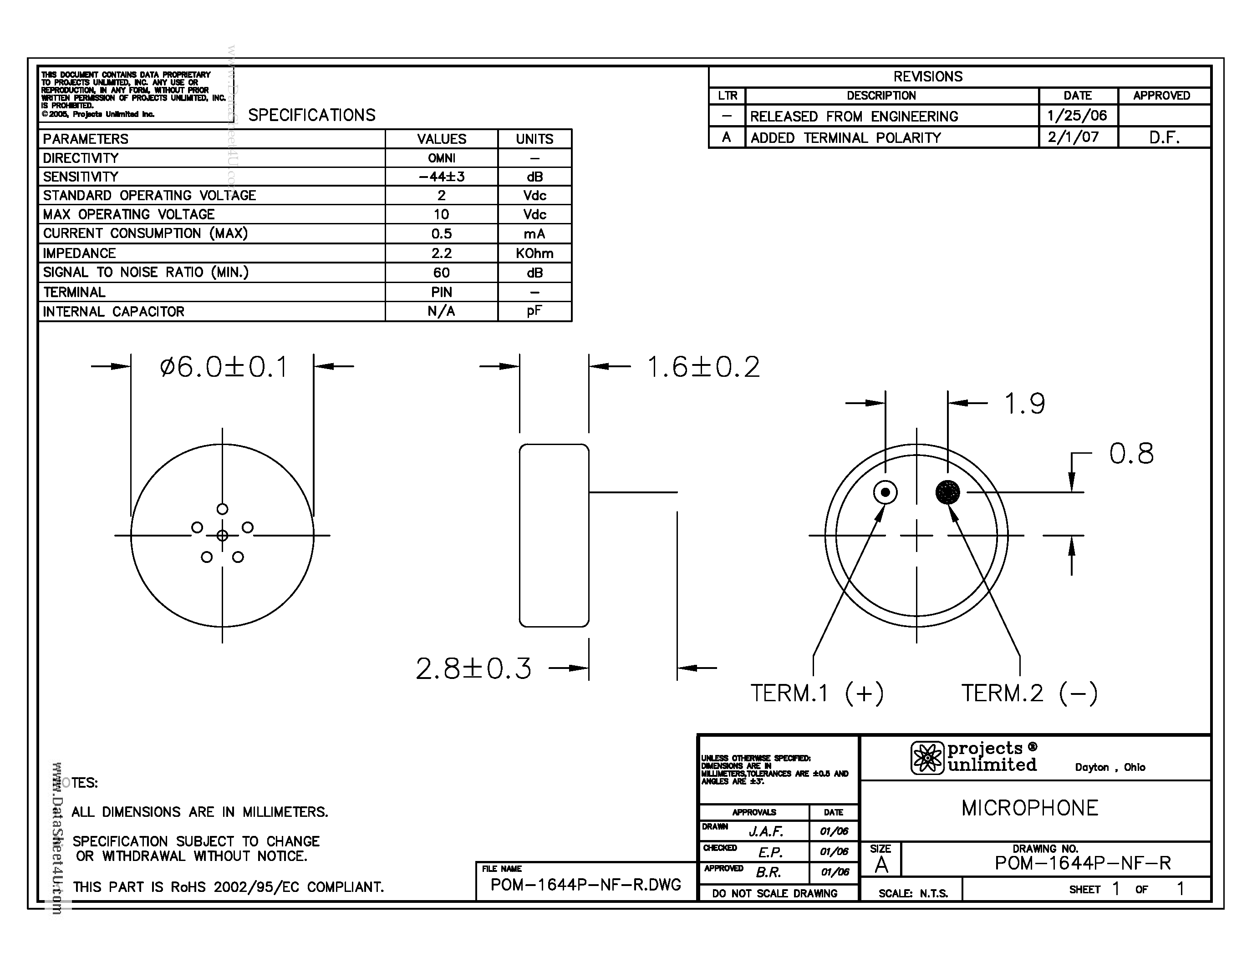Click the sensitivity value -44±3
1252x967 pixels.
coord(442,177)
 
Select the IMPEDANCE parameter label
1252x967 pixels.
coord(79,253)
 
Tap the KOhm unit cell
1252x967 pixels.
coord(534,253)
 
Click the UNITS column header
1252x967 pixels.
coord(534,139)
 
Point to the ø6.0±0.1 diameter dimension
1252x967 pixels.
coord(224,367)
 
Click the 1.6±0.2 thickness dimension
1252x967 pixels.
coord(703,367)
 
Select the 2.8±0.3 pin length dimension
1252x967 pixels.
coord(473,668)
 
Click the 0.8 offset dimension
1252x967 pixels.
coord(1131,454)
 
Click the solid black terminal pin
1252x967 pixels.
coord(947,492)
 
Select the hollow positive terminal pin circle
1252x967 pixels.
coord(885,492)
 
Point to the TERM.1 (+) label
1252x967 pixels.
coord(817,693)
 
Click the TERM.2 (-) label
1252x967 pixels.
coord(1029,693)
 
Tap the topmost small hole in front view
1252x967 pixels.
coord(223,509)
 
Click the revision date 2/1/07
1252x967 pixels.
coord(1073,137)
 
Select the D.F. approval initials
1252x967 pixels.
coord(1164,137)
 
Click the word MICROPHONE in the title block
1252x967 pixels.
coord(1029,808)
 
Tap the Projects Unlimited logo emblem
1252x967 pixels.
coord(927,758)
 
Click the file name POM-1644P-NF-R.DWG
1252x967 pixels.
coord(585,885)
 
